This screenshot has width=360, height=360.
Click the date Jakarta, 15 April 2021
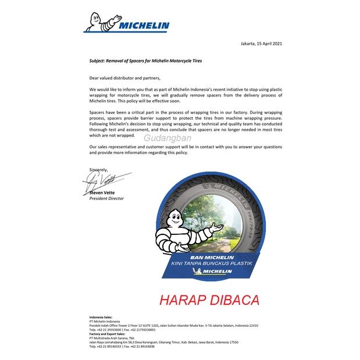pyautogui.click(x=262, y=44)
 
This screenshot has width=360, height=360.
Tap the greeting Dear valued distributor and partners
pyautogui.click(x=124, y=77)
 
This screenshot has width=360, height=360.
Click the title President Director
pyautogui.click(x=106, y=198)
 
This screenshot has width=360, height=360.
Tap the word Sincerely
pyautogui.click(x=99, y=169)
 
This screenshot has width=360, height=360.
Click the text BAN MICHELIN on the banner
pyautogui.click(x=212, y=256)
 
